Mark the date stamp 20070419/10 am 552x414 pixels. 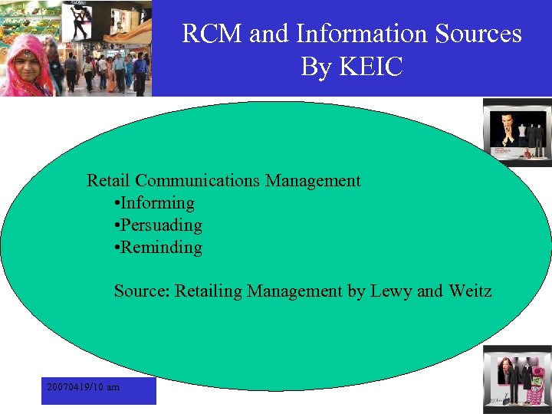point(83,387)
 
